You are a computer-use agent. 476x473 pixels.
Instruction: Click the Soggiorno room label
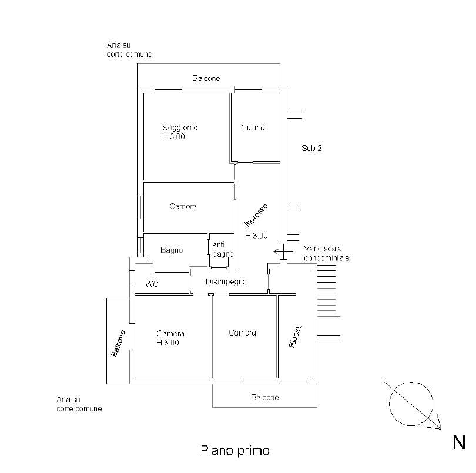(180, 128)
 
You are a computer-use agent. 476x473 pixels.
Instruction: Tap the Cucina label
(253, 128)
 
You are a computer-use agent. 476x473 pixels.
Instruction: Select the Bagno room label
(172, 250)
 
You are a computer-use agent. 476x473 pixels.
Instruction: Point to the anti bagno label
(223, 249)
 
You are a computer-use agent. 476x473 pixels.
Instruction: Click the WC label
(152, 284)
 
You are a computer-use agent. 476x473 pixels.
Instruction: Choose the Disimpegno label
(226, 281)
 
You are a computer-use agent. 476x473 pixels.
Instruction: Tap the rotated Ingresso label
(256, 215)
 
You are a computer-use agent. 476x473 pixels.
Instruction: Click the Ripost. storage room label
(296, 337)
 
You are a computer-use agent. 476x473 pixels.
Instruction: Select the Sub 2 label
(311, 148)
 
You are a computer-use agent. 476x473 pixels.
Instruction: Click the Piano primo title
(235, 451)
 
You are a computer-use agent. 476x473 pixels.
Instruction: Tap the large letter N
(459, 442)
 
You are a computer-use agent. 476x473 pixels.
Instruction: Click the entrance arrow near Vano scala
(283, 251)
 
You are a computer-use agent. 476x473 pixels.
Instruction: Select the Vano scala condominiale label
(326, 253)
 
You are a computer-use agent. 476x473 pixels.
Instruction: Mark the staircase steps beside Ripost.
(327, 291)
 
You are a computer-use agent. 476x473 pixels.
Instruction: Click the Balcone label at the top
(206, 78)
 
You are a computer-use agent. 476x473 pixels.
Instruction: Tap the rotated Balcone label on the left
(118, 343)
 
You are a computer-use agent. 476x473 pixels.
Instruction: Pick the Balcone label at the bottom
(264, 397)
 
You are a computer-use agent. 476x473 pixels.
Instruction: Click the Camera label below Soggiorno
(183, 206)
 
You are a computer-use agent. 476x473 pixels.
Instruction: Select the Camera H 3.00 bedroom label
(170, 338)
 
